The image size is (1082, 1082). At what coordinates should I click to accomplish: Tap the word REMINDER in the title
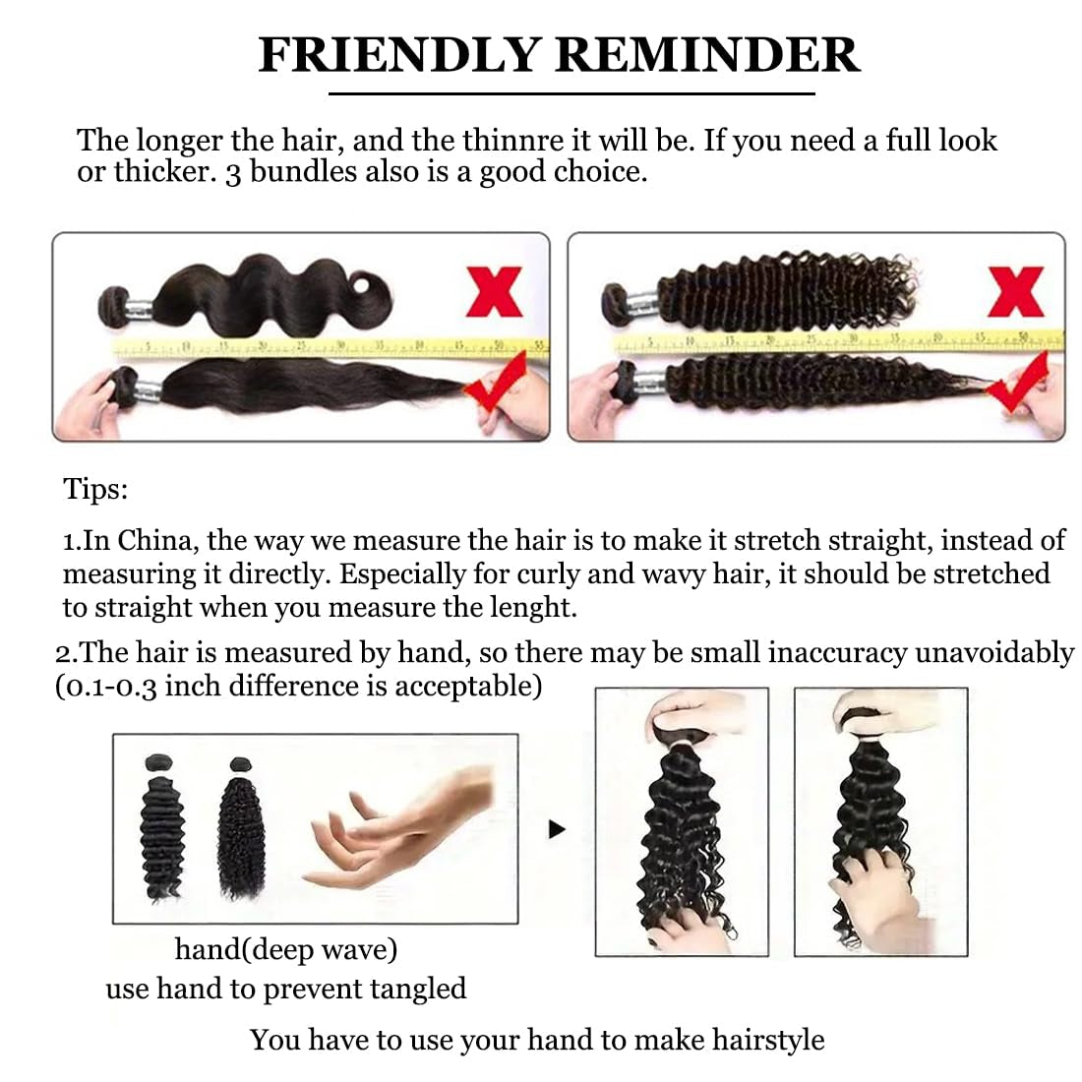pos(707,54)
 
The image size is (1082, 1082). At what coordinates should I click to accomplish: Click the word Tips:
pos(95,489)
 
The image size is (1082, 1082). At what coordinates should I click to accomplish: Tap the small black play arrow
pos(558,829)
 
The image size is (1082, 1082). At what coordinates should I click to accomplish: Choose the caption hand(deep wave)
pos(285,949)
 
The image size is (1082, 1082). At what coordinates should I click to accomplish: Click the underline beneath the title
pos(571,93)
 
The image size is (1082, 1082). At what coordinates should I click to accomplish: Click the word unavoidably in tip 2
pos(994,653)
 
